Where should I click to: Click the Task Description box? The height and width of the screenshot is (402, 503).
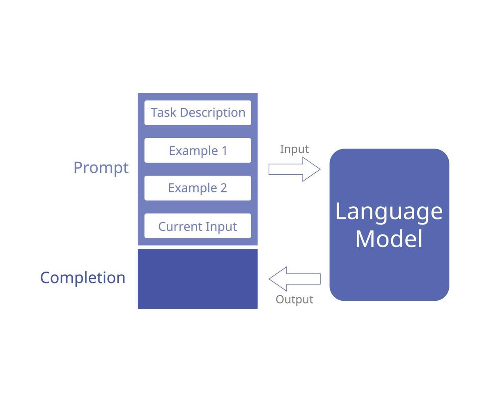pos(198,112)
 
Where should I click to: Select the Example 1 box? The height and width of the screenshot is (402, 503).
pos(198,151)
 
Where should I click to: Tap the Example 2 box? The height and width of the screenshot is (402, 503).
pos(198,188)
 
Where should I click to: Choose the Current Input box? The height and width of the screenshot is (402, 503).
pos(198,226)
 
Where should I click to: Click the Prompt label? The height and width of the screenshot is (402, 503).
pos(101,168)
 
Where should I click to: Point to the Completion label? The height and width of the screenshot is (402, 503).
pos(83,278)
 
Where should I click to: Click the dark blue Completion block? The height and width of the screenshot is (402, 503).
pos(198,279)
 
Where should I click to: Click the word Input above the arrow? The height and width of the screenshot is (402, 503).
pos(294,149)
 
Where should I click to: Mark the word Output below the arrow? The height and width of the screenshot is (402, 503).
pos(294,299)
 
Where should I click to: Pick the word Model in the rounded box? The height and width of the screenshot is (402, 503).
pos(388,239)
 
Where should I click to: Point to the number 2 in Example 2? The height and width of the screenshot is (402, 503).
pos(223,188)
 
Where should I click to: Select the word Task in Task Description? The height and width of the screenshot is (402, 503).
pos(163,112)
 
